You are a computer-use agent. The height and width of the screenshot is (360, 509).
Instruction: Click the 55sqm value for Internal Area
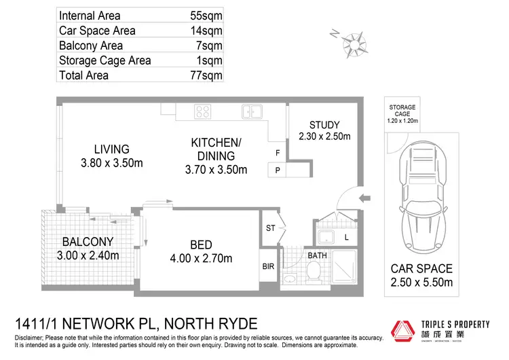[x=206, y=15]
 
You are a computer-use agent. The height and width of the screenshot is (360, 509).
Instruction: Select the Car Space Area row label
[x=97, y=31]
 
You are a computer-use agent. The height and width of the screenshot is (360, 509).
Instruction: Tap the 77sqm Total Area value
[x=206, y=76]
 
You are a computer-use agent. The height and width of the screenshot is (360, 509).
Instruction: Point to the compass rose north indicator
[x=352, y=43]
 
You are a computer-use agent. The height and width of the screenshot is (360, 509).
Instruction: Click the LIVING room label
[x=111, y=149]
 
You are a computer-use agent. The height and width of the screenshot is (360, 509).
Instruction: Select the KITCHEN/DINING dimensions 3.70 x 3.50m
[x=216, y=169]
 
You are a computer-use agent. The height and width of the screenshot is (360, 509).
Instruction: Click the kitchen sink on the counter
[x=252, y=111]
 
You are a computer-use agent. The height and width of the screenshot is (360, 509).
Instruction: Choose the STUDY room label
[x=324, y=124]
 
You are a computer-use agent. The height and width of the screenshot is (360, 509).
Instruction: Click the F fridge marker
[x=278, y=154]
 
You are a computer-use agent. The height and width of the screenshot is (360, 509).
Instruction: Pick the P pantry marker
[x=278, y=171]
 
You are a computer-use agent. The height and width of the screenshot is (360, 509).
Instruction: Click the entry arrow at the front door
[x=364, y=198]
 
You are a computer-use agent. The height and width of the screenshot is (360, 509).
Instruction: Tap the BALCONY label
[x=88, y=242]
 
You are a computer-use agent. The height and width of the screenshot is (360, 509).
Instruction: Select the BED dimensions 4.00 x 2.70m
[x=201, y=258]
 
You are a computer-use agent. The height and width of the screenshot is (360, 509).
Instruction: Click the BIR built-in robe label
[x=269, y=267]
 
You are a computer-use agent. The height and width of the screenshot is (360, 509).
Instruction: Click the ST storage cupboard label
[x=270, y=228]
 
